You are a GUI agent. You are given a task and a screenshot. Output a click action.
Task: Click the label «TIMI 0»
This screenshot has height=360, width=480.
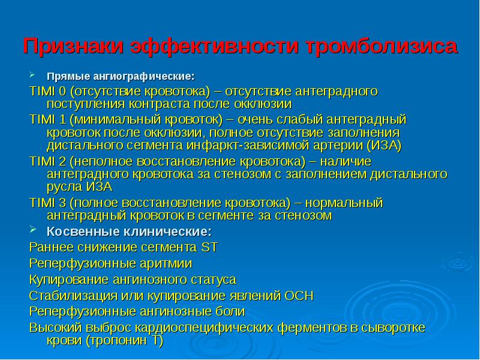point(48,91)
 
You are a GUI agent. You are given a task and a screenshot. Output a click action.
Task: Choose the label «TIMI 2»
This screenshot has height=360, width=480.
point(48,161)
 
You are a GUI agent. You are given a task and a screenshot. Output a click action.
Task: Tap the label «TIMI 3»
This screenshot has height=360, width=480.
point(48,202)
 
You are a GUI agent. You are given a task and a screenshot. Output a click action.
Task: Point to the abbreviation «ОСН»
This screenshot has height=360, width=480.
point(299,296)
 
